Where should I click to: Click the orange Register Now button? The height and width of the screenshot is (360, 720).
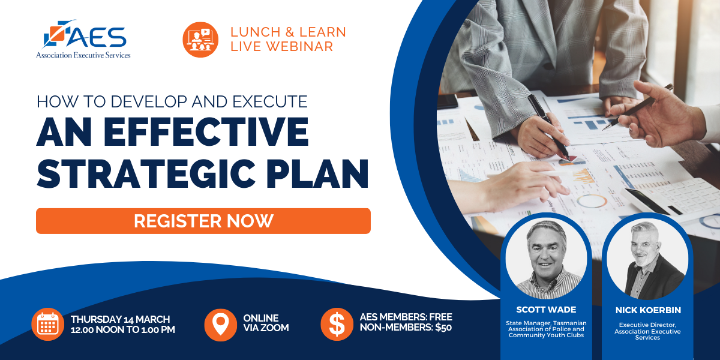click(203, 221)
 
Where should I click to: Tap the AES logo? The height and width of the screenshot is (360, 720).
click(83, 39)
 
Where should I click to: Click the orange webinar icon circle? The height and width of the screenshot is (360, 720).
click(200, 40)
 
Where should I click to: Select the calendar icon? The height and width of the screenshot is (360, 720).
click(48, 325)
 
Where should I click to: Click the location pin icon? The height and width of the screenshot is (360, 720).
click(221, 325)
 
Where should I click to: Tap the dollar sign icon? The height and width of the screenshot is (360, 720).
click(337, 325)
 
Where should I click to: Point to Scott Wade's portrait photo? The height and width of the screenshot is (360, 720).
click(546, 259)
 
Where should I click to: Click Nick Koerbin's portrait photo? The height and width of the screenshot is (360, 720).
click(647, 259)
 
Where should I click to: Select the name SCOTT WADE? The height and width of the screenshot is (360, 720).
click(546, 310)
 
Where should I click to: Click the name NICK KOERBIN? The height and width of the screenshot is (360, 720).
click(648, 310)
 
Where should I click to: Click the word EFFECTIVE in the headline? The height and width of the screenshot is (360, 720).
click(206, 132)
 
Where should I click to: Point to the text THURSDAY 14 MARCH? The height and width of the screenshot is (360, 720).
click(120, 319)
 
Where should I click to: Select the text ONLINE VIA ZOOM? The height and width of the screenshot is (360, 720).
click(266, 323)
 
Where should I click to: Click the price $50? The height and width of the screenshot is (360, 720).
click(443, 328)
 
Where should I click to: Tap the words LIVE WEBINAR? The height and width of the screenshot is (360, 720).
click(281, 47)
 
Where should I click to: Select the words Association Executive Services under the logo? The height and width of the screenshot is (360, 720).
click(83, 55)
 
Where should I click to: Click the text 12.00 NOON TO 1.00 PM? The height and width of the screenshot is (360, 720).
click(123, 329)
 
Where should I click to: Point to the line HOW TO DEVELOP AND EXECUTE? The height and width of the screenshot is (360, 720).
click(172, 101)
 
